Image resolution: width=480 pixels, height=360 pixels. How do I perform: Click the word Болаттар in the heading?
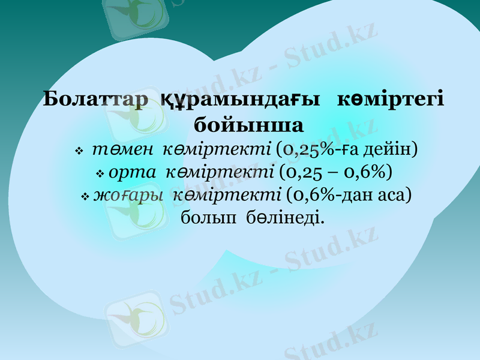point(96,99)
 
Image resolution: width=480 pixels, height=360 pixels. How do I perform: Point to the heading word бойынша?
point(249,125)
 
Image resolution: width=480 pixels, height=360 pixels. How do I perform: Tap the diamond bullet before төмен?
point(79,152)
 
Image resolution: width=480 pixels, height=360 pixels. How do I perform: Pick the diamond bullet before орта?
point(100,174)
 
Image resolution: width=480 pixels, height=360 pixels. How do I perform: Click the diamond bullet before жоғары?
point(85,197)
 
